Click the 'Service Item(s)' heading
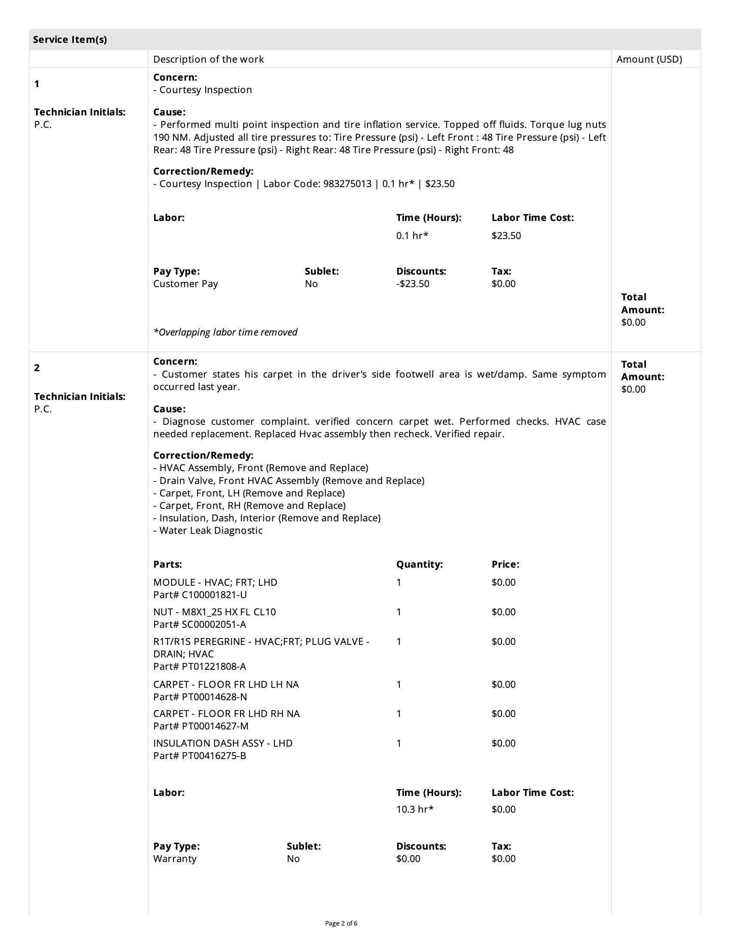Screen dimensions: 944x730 point(70,40)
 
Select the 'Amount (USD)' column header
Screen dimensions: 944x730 point(649,59)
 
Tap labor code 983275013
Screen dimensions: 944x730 point(347,184)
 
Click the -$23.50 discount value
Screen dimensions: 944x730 point(413,284)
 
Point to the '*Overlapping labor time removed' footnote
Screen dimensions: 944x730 point(225,332)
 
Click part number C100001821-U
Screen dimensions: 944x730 point(214,595)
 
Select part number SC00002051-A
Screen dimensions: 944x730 point(214,624)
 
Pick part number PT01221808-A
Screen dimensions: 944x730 point(214,666)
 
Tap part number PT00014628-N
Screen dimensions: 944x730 point(214,697)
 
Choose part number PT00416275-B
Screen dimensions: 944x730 point(214,756)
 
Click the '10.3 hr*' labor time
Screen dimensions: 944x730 point(415,809)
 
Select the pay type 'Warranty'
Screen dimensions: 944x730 point(175,859)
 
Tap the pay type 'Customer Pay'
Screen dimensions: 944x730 point(186,284)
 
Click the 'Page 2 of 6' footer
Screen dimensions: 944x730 point(341,924)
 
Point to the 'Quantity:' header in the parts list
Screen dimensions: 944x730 point(419,564)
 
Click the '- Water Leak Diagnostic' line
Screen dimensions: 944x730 point(208,530)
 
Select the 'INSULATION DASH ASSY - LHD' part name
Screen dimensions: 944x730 point(223,743)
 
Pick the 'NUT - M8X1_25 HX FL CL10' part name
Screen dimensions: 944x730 point(215,611)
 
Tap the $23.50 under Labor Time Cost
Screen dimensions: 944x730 point(506,236)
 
